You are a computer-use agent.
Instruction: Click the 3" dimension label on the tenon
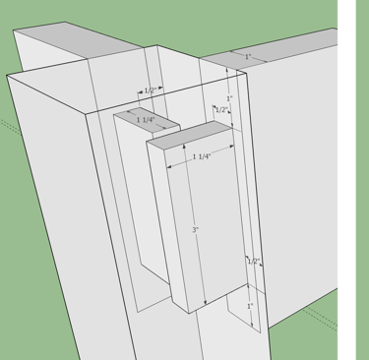[x=196, y=230]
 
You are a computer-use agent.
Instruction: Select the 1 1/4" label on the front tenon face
[x=202, y=156]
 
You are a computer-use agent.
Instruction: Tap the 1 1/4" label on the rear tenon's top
[x=146, y=120]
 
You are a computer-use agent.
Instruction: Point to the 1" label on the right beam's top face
[x=248, y=56]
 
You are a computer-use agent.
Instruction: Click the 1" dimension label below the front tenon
[x=250, y=306]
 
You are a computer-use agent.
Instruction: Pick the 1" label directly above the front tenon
[x=229, y=98]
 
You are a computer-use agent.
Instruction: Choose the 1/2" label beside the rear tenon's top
[x=150, y=90]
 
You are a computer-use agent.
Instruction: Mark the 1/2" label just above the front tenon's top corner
[x=221, y=110]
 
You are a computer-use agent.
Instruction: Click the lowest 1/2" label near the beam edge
[x=254, y=262]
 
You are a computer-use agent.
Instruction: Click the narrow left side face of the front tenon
[x=167, y=226]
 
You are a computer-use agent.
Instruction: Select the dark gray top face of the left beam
[x=77, y=40]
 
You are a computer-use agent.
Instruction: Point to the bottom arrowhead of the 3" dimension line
[x=206, y=303]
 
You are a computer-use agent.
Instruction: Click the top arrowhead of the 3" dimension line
[x=184, y=147]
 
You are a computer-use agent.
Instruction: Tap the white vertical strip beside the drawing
[x=346, y=180]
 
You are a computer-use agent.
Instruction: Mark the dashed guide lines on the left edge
[x=11, y=127]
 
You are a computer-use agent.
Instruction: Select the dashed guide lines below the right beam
[x=320, y=318]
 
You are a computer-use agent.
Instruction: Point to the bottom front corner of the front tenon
[x=189, y=313]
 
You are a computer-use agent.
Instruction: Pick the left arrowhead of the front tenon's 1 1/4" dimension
[x=169, y=167]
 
